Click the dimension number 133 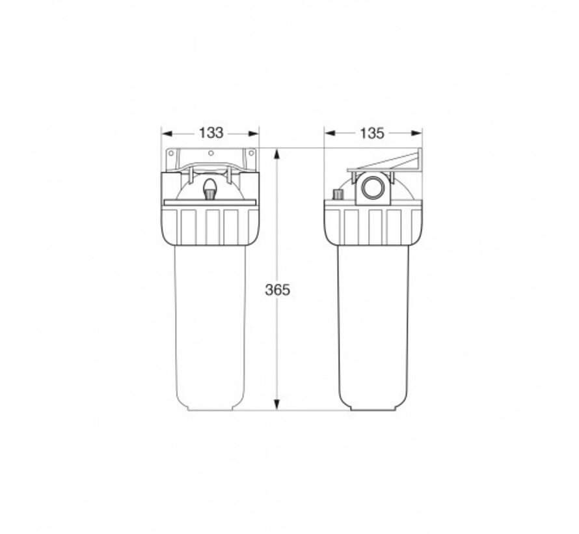(x=211, y=133)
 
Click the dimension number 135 (x=372, y=133)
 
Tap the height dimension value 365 (x=277, y=290)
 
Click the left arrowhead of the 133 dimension (x=167, y=133)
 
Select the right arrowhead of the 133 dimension (x=253, y=133)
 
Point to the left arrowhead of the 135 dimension (x=330, y=133)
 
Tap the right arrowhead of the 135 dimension (x=416, y=133)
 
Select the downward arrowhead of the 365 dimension (x=277, y=404)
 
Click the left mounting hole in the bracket (x=171, y=153)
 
